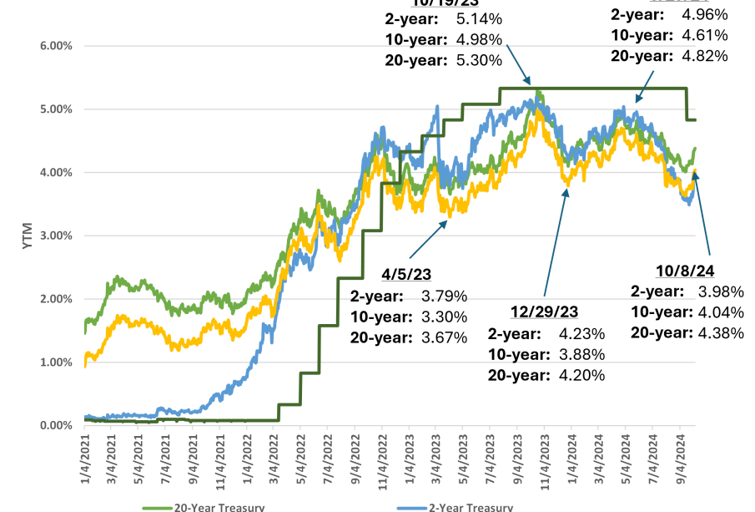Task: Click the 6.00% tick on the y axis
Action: coord(56,46)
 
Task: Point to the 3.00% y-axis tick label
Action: coord(56,236)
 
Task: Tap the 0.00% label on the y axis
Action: coord(56,425)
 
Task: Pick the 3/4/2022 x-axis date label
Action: coord(274,454)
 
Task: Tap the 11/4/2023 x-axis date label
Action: coord(542,456)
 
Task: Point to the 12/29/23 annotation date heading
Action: coord(544,312)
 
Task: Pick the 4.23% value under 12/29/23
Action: coord(581,333)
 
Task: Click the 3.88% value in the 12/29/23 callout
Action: coord(581,354)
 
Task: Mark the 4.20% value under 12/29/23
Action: coord(581,374)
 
